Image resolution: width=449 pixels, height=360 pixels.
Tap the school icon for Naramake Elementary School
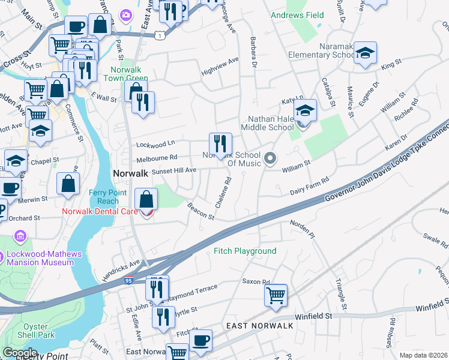pyautogui.click(x=365, y=53)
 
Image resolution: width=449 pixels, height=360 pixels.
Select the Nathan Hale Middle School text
pyautogui.click(x=268, y=122)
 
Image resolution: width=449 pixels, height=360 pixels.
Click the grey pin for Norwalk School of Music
pyautogui.click(x=270, y=159)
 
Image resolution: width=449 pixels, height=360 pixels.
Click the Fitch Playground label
pyautogui.click(x=245, y=251)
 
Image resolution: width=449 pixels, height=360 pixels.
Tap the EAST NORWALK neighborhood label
pyautogui.click(x=260, y=325)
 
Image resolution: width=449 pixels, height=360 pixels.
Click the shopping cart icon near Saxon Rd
pyautogui.click(x=276, y=295)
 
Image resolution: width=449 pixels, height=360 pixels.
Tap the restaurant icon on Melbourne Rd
pyautogui.click(x=220, y=143)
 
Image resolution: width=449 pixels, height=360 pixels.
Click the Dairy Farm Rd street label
pyautogui.click(x=310, y=186)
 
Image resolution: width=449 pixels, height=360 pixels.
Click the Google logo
pyautogui.click(x=20, y=353)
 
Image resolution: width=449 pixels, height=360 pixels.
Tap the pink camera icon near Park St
pyautogui.click(x=126, y=14)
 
